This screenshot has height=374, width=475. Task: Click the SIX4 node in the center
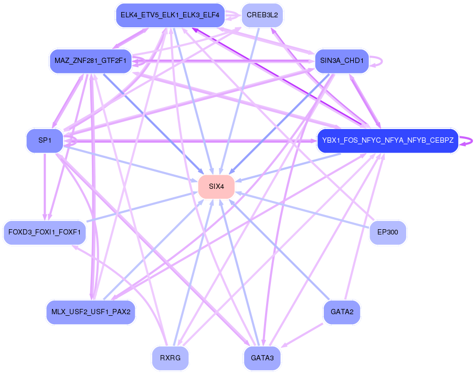216,186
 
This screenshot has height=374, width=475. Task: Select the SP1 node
45,141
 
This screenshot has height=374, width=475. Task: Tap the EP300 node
388,232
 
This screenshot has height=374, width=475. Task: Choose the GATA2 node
342,312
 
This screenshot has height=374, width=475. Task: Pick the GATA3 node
262,358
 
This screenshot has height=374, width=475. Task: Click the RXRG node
170,359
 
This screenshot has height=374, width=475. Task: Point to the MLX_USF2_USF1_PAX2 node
91,312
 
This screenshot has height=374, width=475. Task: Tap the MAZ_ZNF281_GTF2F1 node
90,61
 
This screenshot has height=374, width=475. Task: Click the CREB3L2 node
262,15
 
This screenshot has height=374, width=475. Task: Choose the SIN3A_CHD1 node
342,61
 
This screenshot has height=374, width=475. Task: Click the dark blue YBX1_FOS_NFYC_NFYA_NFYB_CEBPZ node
388,141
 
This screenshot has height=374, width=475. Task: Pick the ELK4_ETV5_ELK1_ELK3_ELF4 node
170,15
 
